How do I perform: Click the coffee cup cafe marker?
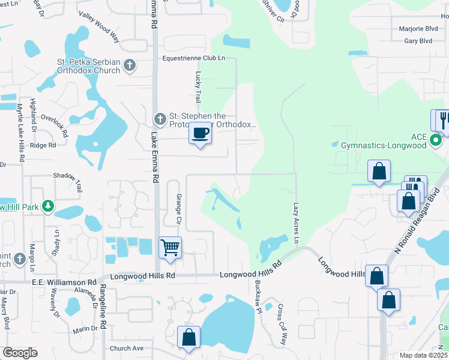pyautogui.click(x=200, y=133)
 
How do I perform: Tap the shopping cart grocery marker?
pyautogui.click(x=170, y=248)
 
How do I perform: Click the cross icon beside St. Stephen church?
pyautogui.click(x=160, y=118)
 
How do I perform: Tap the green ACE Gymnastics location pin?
pyautogui.click(x=436, y=141)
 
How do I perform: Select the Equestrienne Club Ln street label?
pyautogui.click(x=194, y=58)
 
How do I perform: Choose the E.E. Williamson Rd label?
pyautogui.click(x=64, y=281)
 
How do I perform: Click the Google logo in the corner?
pyautogui.click(x=19, y=353)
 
